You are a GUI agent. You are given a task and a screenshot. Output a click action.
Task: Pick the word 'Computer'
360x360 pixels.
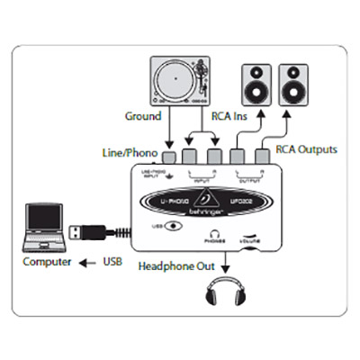[46, 265]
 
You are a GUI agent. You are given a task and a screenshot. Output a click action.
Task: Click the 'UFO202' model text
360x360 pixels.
[240, 199]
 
